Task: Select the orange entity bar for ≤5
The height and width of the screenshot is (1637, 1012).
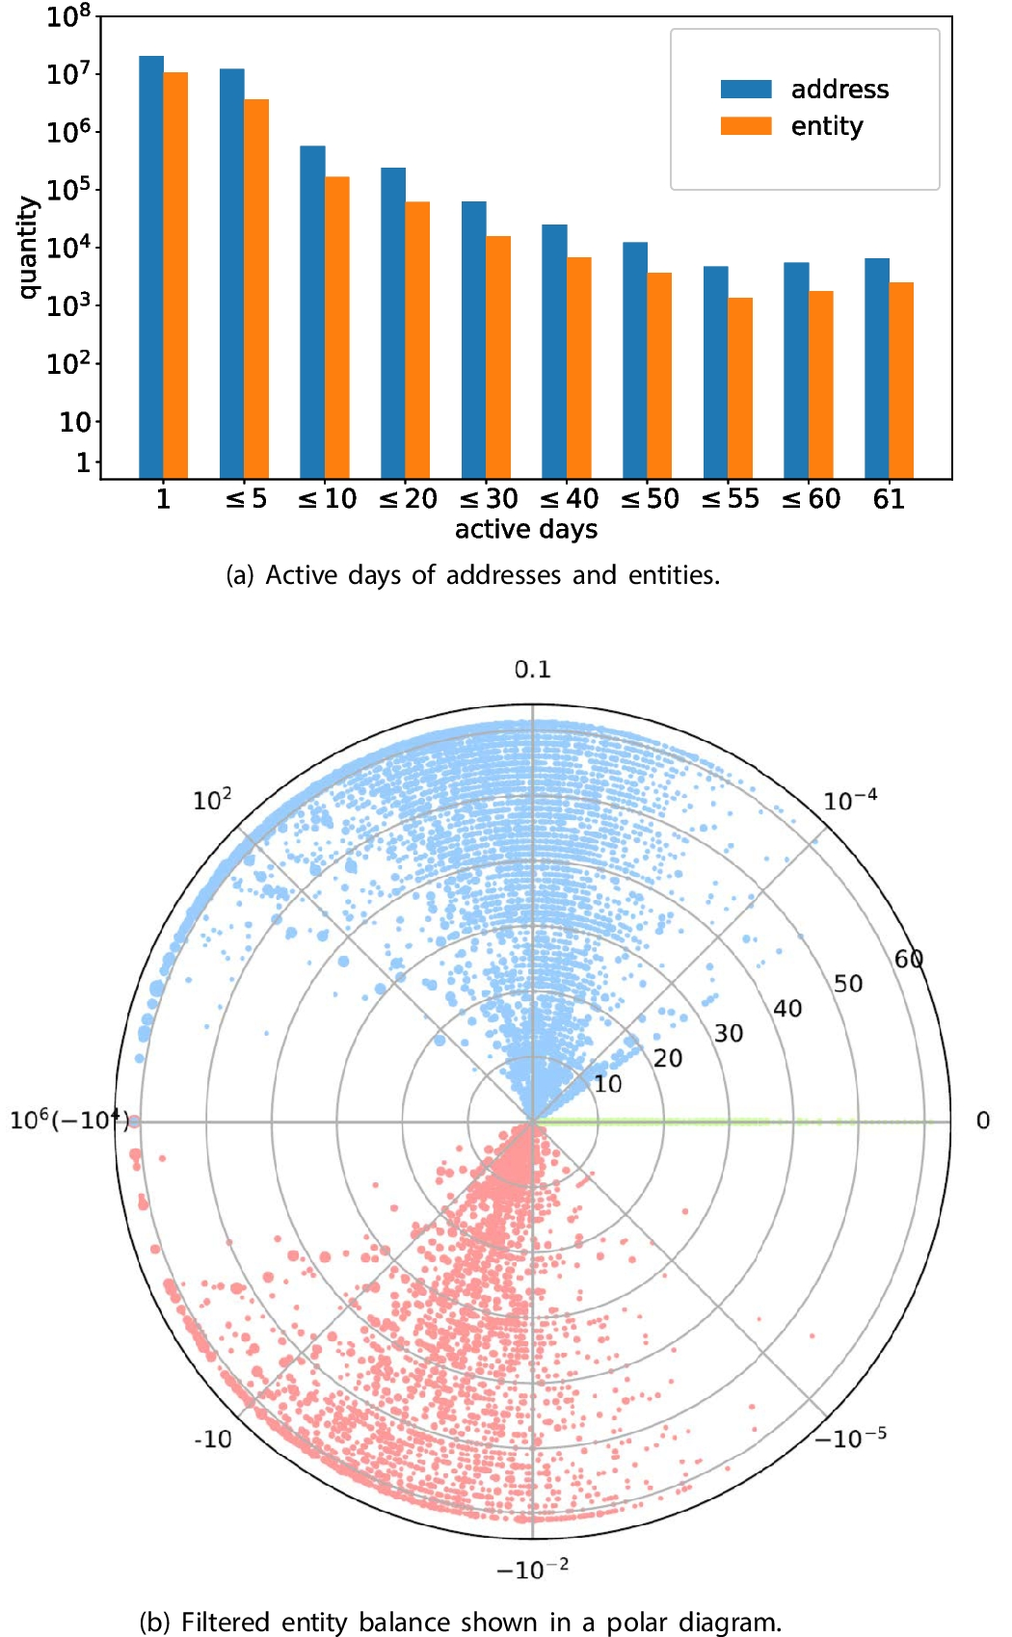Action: (256, 289)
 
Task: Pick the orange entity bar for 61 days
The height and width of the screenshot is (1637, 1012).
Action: (901, 380)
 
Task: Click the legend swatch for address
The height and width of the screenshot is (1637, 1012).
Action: (746, 90)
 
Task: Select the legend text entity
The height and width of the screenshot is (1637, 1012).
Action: (827, 126)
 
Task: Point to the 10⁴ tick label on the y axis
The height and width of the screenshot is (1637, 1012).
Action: (68, 247)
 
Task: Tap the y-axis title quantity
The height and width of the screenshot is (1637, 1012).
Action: (28, 248)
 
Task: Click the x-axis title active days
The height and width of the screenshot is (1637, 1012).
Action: (526, 529)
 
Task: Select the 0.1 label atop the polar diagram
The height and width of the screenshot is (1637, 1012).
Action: (532, 670)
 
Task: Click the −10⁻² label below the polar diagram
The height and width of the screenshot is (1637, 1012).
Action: (532, 1569)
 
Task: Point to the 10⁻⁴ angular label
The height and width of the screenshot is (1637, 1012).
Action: (850, 801)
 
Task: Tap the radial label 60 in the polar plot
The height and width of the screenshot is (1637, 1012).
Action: (909, 959)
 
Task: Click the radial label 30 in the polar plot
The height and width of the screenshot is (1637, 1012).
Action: (729, 1034)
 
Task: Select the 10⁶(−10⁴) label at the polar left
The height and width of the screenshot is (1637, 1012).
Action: (67, 1121)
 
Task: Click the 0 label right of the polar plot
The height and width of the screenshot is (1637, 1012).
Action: (982, 1121)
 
